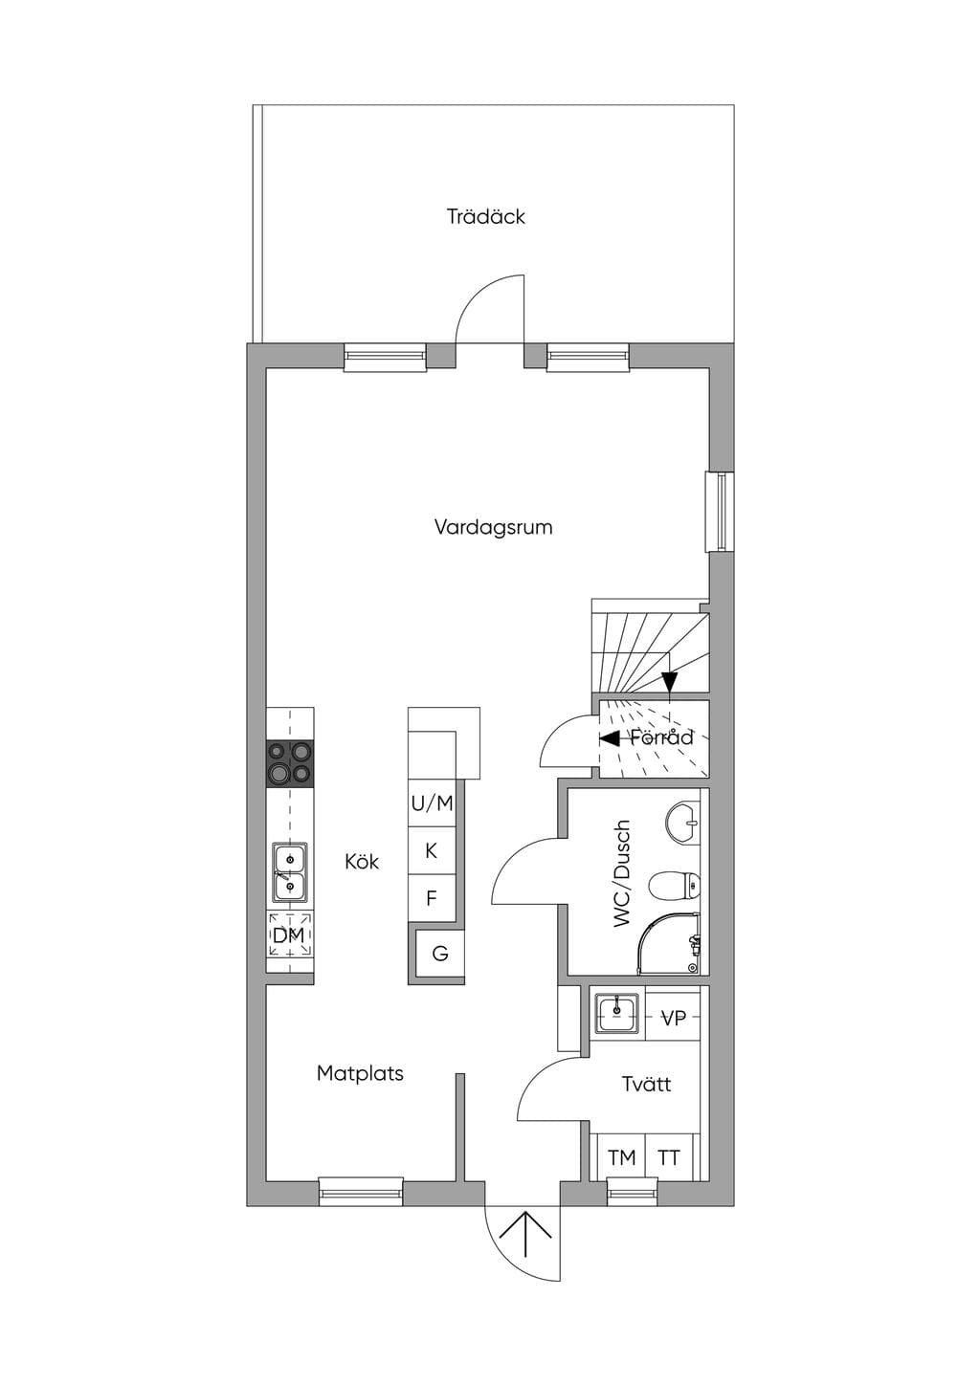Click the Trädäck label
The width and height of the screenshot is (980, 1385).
coord(485,216)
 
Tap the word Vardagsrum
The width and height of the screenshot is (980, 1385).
coord(493,527)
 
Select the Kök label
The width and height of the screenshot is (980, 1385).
coord(362,861)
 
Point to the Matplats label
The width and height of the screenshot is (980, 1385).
coord(360,1073)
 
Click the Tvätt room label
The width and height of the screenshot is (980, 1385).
coord(647,1084)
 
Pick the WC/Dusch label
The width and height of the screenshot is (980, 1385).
coord(621,873)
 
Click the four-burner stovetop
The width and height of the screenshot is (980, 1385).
coord(290,763)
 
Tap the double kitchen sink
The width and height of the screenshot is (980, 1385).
coord(290,872)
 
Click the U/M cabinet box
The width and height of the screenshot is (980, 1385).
coord(432,802)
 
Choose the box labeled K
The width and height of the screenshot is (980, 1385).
coord(432,850)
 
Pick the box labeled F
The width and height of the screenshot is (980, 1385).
coord(432,897)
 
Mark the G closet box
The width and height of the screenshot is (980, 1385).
coord(439,954)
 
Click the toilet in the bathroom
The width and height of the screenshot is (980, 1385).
coord(675,886)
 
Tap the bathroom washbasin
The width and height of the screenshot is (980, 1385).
coord(683,823)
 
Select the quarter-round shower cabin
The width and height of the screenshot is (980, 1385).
coord(671,943)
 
